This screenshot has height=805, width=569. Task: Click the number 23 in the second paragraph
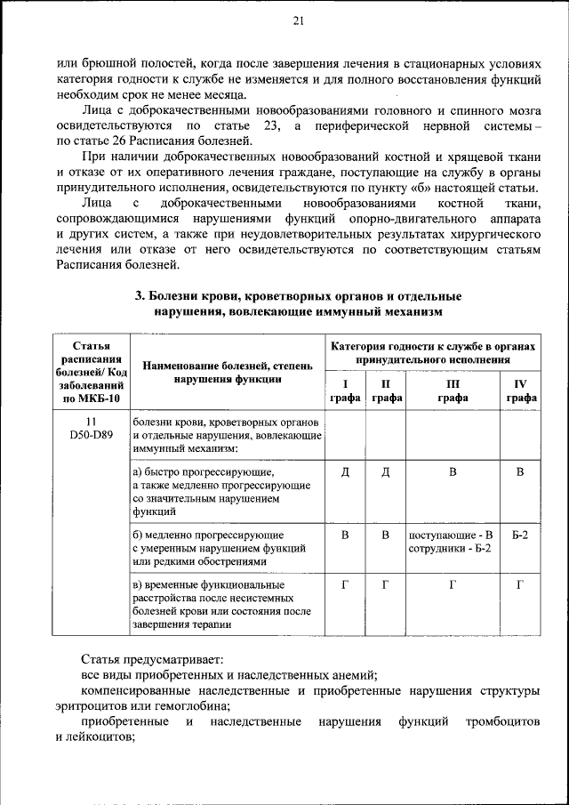[271, 127]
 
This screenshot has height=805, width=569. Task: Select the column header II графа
[386, 391]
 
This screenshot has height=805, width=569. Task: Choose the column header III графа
[452, 391]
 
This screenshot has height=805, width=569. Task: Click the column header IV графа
[521, 391]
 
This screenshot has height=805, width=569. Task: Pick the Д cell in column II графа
[386, 471]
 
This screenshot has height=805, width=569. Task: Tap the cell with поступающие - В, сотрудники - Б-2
[452, 542]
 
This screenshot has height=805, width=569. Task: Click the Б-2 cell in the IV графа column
[521, 535]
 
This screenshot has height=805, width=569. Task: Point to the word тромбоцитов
[503, 721]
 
